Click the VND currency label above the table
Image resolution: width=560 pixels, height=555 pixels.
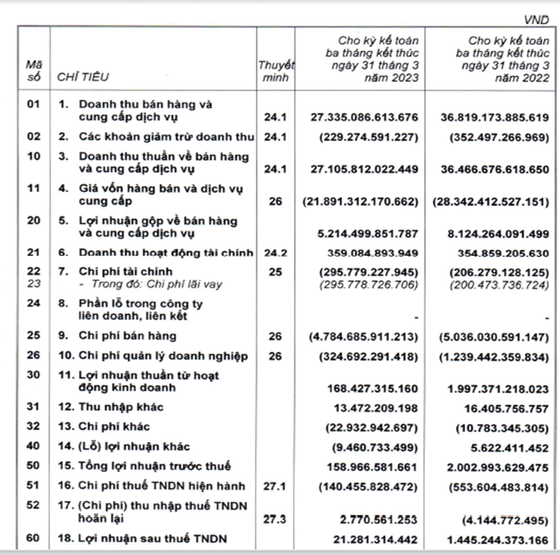tap(536, 20)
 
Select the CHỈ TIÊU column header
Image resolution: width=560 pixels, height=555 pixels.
tap(83, 77)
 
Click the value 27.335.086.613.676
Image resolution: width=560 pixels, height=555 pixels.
tap(364, 117)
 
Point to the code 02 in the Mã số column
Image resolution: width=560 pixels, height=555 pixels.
tap(34, 136)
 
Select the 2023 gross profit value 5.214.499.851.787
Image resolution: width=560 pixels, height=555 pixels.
tap(373, 233)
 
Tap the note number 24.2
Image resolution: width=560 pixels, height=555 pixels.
tap(276, 253)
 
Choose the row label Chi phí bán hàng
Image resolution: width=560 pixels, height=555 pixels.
tap(127, 336)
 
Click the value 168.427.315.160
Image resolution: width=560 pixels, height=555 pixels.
tap(373, 388)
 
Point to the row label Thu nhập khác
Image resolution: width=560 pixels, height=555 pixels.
tap(121, 407)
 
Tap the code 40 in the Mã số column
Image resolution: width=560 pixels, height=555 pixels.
tap(34, 446)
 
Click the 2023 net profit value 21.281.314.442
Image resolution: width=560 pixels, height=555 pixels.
tap(376, 539)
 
